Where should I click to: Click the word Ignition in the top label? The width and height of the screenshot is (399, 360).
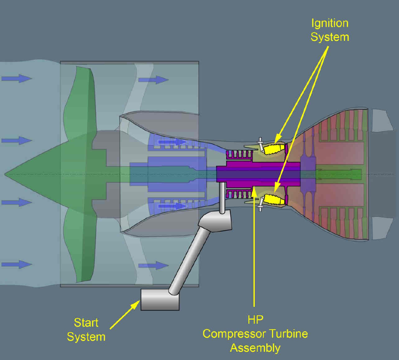click(330, 23)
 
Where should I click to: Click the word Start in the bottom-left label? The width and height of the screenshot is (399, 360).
click(86, 323)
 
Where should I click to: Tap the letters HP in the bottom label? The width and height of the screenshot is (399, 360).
click(255, 320)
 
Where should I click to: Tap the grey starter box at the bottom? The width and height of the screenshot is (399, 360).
click(160, 300)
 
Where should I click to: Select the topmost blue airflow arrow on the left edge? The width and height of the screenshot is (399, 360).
click(17, 78)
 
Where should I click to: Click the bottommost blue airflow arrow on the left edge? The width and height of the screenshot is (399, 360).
click(17, 264)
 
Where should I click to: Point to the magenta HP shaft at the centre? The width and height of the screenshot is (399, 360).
click(258, 174)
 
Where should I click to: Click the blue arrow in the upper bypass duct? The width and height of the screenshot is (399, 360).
click(153, 80)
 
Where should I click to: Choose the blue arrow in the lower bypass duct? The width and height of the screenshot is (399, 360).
click(153, 266)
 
